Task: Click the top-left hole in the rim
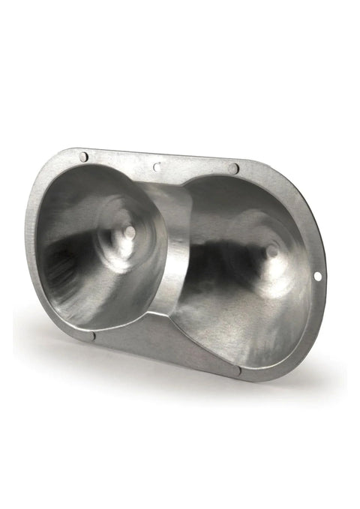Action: (x=84, y=156)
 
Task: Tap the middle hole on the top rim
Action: (x=156, y=166)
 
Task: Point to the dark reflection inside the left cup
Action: (x=64, y=259)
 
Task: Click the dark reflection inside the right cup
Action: (x=225, y=262)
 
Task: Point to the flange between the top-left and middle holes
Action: (x=120, y=160)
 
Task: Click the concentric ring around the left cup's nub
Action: (x=112, y=225)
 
